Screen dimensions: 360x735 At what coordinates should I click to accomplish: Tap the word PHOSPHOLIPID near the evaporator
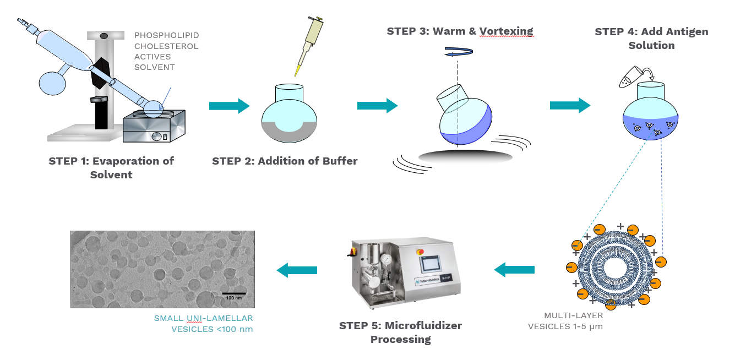(x=166, y=35)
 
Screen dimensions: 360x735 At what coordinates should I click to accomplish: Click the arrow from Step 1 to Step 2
(x=229, y=106)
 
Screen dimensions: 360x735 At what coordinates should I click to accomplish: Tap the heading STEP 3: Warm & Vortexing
(x=460, y=31)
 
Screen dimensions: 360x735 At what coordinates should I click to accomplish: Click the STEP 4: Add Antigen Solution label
(x=651, y=38)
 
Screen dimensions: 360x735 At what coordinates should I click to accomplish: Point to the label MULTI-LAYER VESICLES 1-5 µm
(x=565, y=321)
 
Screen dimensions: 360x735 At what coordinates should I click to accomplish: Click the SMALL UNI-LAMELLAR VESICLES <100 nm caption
(x=203, y=324)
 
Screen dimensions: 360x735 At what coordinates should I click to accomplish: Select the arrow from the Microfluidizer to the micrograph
(x=297, y=270)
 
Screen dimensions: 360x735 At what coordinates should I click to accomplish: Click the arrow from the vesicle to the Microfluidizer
(x=514, y=270)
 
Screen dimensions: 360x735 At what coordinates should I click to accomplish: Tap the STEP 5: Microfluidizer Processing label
(x=400, y=332)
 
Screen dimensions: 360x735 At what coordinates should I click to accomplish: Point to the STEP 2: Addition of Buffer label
(x=285, y=161)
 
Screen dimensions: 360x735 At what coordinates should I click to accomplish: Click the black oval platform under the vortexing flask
(x=465, y=156)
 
